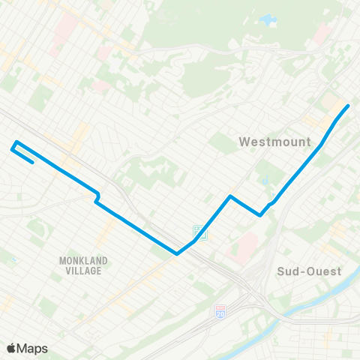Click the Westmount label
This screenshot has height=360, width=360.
(268, 140)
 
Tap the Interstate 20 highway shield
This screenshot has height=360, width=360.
(220, 310)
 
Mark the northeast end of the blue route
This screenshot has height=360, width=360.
(349, 106)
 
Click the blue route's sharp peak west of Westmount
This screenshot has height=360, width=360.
(229, 196)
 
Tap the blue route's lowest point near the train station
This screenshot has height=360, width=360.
(177, 253)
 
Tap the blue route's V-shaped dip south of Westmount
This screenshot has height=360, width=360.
(260, 214)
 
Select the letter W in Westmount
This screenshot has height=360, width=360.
(244, 140)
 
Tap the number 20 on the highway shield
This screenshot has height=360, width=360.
(220, 311)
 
